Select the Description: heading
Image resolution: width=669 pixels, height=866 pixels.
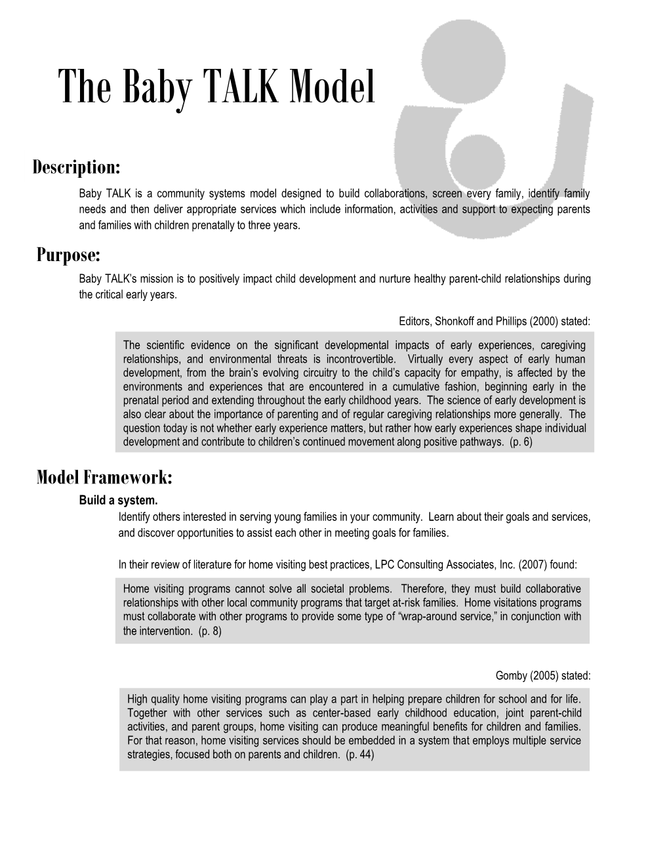77,167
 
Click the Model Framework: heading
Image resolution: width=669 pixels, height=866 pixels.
104,477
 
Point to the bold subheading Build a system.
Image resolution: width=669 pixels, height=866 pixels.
119,501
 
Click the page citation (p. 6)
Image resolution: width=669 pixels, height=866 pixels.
521,442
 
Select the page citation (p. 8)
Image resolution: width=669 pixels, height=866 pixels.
209,630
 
